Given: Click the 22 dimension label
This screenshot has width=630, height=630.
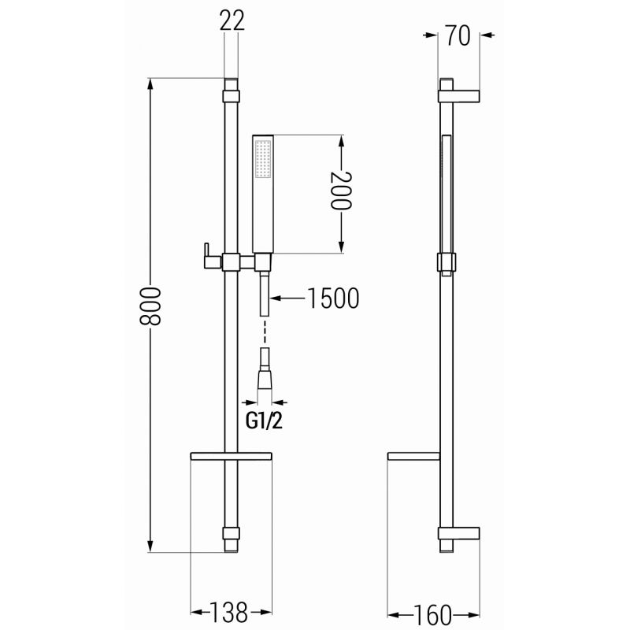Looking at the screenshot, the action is tap(232, 21).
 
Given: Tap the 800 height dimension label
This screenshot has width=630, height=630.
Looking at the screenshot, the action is tap(150, 306).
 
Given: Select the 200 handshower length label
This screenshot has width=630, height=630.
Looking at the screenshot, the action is tap(341, 191).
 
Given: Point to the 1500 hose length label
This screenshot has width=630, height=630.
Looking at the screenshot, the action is tap(333, 298).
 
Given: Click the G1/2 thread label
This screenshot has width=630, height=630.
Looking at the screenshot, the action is tap(264, 421).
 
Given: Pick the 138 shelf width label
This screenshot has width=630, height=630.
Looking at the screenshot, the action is tap(229, 613).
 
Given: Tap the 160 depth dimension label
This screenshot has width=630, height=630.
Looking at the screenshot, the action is tap(432, 615).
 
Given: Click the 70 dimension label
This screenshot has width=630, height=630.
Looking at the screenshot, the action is tap(458, 35).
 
